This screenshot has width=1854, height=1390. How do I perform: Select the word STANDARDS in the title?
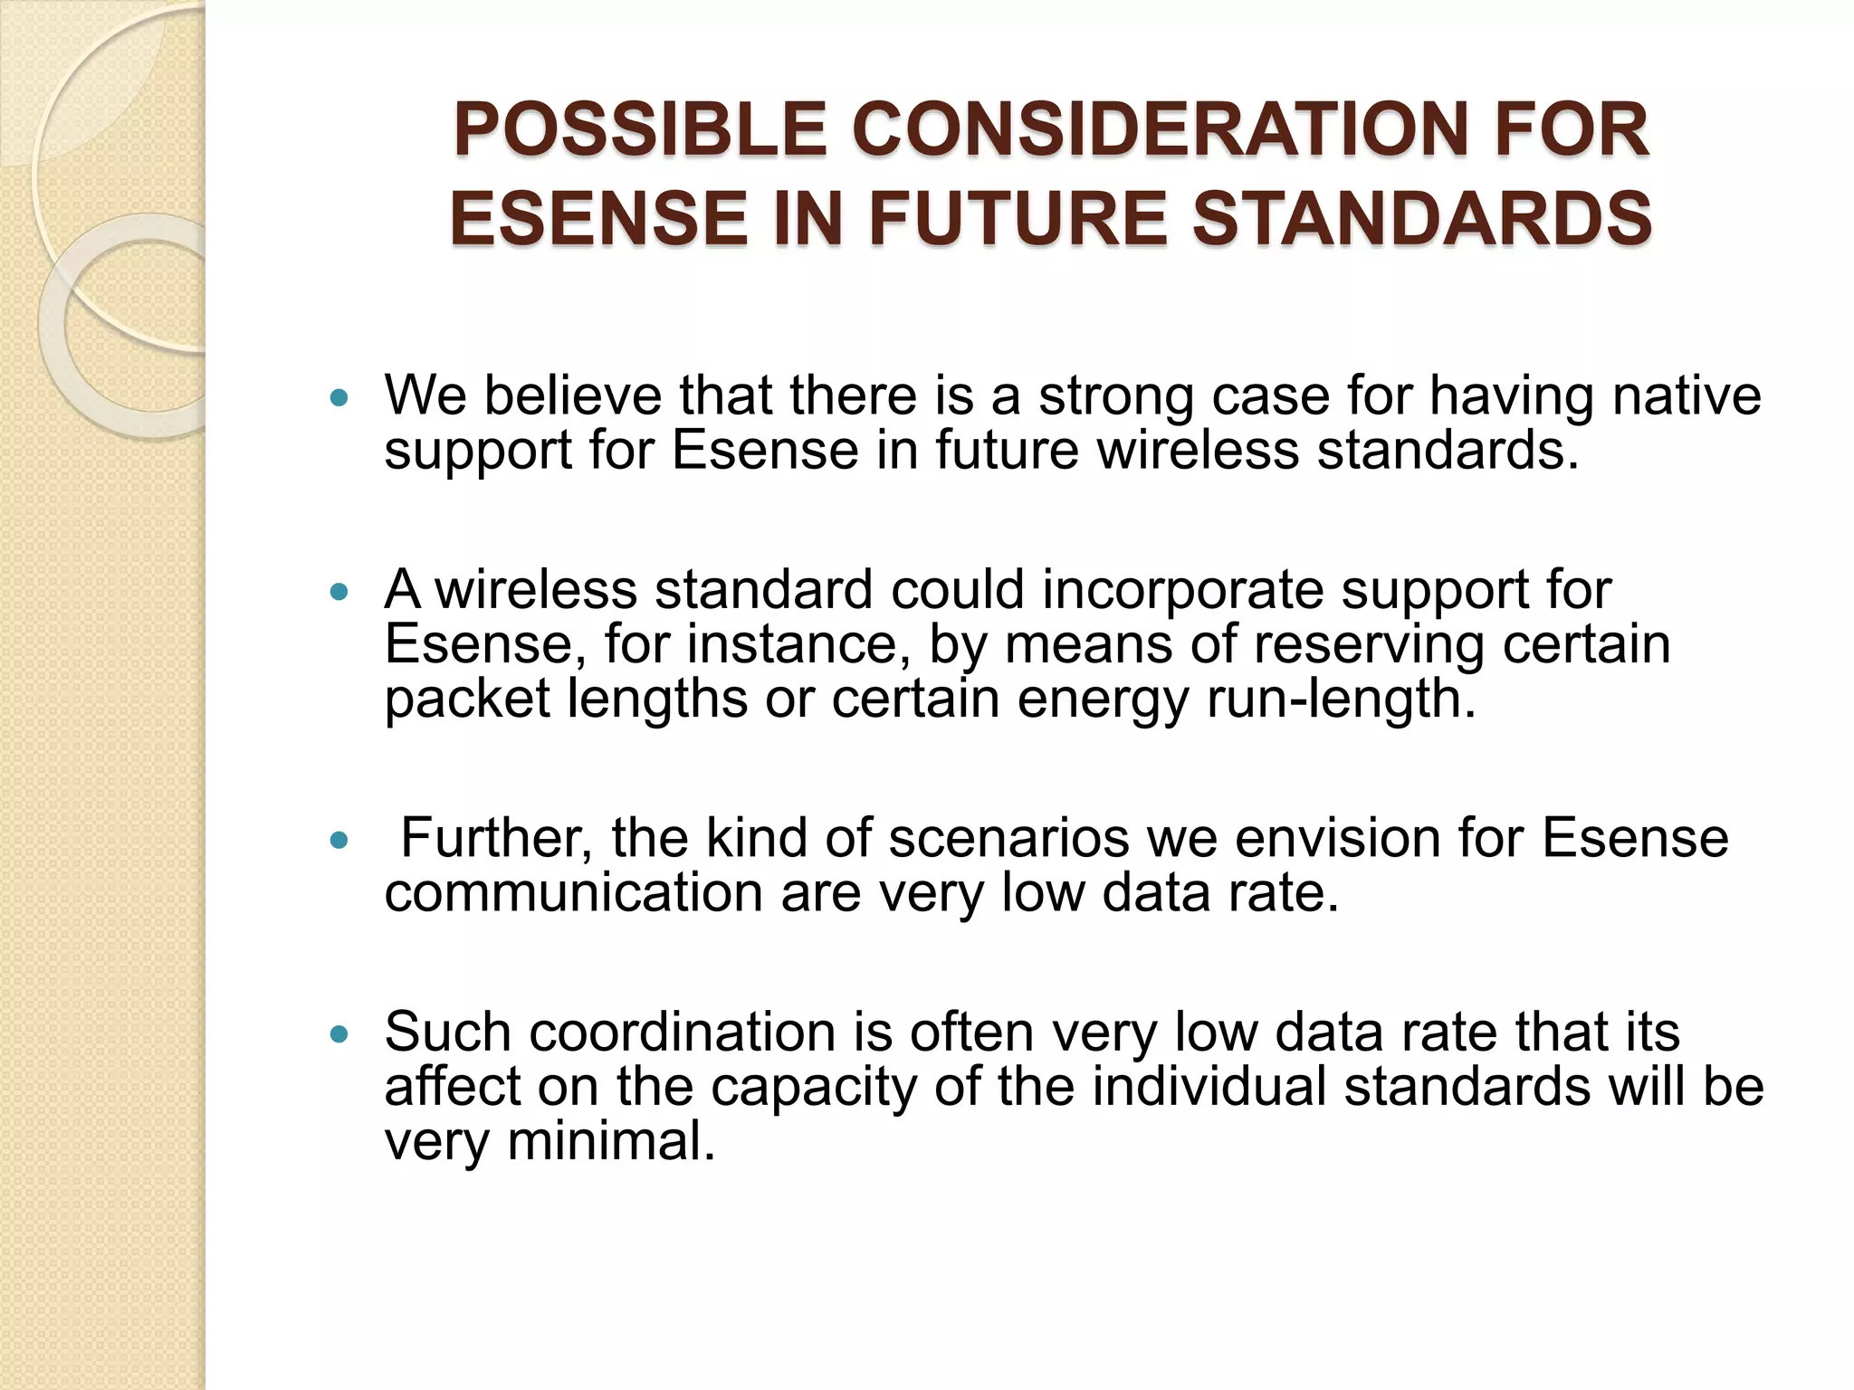[x=1421, y=219]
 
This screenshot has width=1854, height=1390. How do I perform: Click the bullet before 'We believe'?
[x=339, y=397]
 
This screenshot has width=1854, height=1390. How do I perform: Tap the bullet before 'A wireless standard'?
[x=339, y=593]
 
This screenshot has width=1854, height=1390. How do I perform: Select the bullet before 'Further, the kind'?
[x=339, y=841]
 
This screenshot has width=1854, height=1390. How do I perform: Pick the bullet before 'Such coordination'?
[x=339, y=1034]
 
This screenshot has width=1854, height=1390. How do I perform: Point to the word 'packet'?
[x=467, y=699]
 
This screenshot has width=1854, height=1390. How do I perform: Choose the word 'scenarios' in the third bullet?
[x=1008, y=837]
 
